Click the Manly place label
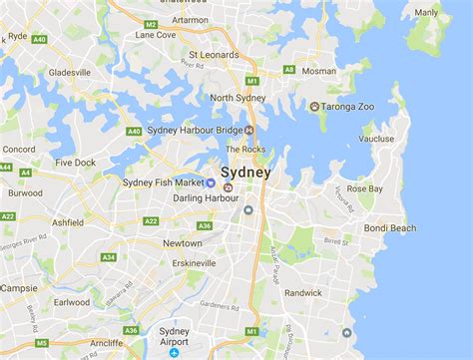pyautogui.click(x=426, y=13)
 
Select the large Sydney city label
pyautogui.click(x=244, y=172)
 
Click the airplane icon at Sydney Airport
pyautogui.click(x=174, y=353)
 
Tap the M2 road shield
pyautogui.click(x=151, y=23)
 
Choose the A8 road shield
pyautogui.click(x=289, y=69)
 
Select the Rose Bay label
pyautogui.click(x=365, y=188)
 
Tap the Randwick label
pyautogui.click(x=303, y=293)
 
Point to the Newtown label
pyautogui.click(x=182, y=243)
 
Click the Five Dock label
pyautogui.click(x=76, y=163)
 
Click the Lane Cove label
pyautogui.click(x=155, y=35)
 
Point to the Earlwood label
pyautogui.click(x=72, y=302)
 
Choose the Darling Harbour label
pyautogui.click(x=180, y=197)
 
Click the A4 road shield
pyautogui.click(x=25, y=172)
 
